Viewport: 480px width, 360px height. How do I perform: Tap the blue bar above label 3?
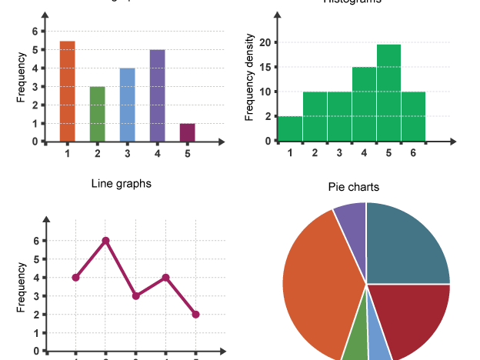pos(128,105)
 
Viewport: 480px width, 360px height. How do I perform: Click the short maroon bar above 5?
pos(188,132)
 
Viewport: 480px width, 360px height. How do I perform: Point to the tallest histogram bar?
pos(389,93)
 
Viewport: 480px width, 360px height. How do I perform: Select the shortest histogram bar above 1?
pos(290,128)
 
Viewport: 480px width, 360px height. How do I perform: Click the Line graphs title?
pos(121,183)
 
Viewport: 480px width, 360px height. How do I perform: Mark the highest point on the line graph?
pos(105,241)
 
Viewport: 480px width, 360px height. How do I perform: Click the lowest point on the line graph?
pos(196,315)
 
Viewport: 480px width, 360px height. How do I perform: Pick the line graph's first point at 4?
pos(75,278)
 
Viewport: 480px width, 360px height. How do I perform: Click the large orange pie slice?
pos(319,285)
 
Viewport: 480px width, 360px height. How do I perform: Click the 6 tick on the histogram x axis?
pos(413,152)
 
